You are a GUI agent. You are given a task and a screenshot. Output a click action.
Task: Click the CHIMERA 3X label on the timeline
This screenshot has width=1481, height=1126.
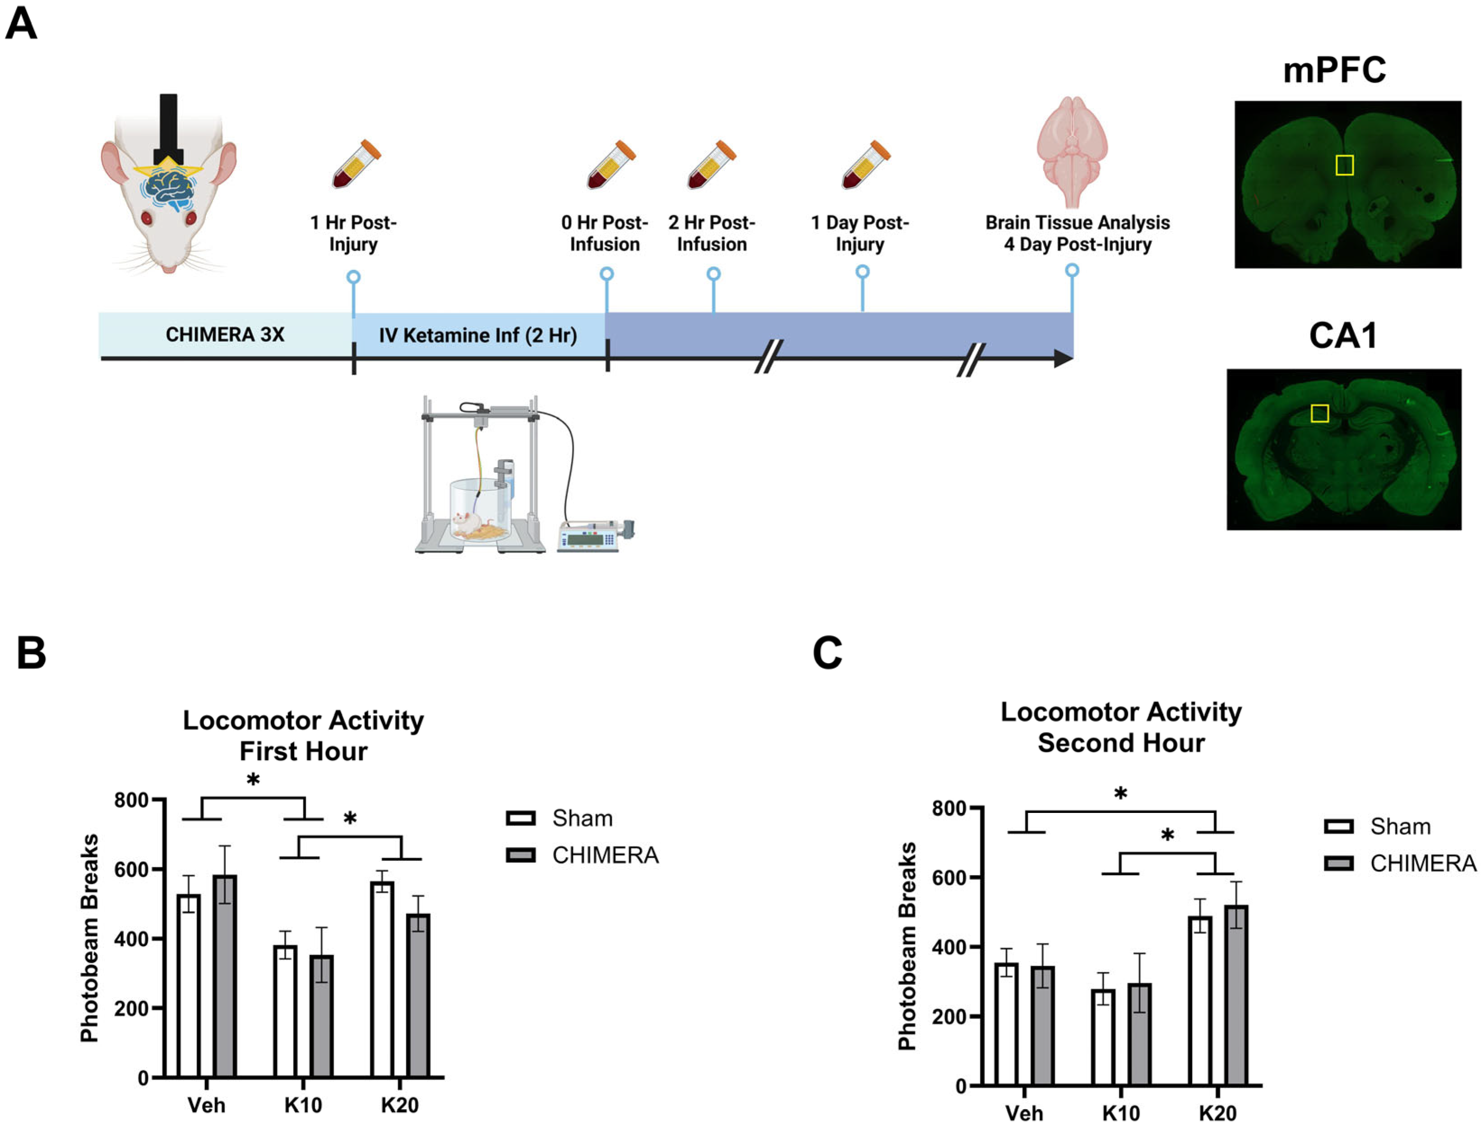pos(225,334)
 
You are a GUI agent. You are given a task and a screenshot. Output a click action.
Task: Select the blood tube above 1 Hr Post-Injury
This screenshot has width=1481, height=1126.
pos(356,164)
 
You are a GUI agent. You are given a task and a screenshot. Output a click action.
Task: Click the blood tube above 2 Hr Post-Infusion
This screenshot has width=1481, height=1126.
pos(711,165)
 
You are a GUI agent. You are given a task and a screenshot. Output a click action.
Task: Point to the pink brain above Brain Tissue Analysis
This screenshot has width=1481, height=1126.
pos(1071,151)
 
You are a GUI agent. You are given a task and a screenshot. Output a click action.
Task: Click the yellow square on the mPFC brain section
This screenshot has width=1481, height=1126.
pos(1344,165)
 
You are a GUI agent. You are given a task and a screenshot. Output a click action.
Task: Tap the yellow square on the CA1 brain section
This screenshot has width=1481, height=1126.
pos(1319,414)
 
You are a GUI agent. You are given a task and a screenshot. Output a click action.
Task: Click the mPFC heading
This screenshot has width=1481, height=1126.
pos(1334,70)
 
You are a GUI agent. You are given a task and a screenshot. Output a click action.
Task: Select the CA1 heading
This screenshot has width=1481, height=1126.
pos(1343,336)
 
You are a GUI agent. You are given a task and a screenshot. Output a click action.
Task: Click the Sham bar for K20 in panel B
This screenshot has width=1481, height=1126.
pos(382,978)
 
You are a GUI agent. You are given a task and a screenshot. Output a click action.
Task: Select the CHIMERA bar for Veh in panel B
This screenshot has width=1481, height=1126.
pos(225,975)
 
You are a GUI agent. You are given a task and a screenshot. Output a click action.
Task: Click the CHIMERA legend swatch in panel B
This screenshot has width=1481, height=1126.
pos(520,855)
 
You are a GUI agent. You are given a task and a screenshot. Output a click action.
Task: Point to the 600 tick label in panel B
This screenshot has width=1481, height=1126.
pos(131,869)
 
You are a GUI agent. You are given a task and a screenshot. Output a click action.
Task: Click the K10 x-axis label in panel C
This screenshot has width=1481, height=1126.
pos(1120,1112)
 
